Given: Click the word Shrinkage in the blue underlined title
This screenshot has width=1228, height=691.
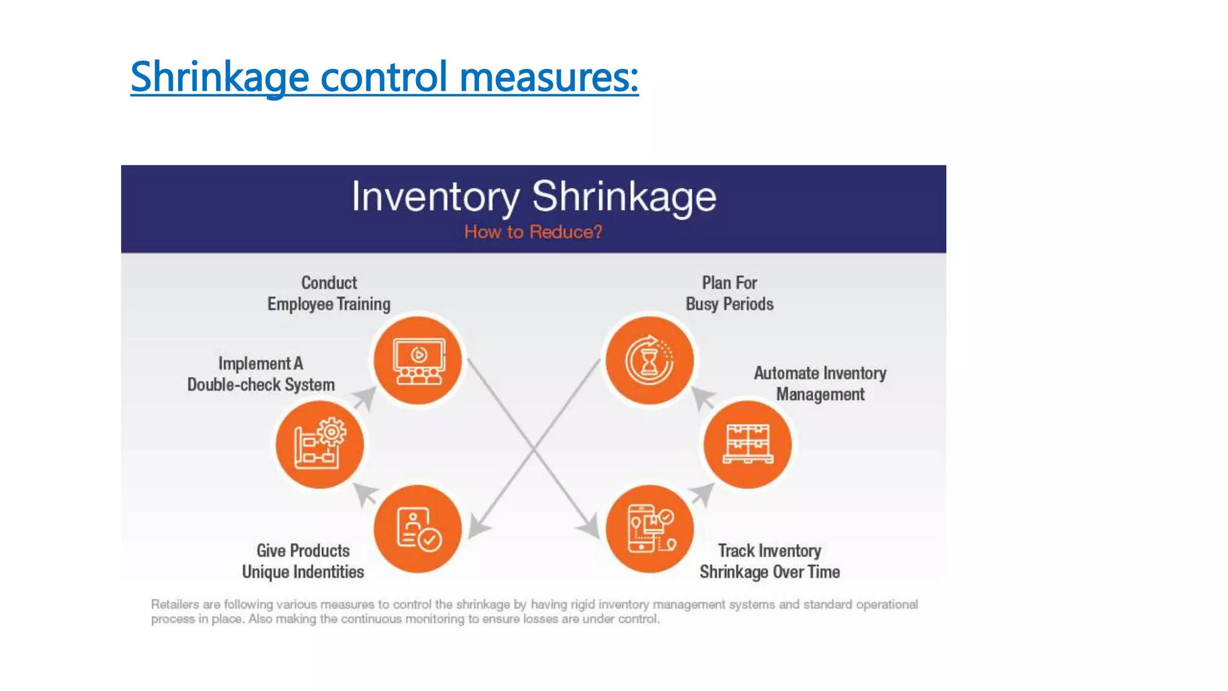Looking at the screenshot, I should point(219,77).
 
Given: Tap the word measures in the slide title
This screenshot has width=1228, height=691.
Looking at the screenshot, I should point(549,77).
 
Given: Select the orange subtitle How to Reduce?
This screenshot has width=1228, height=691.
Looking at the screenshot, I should point(533,232).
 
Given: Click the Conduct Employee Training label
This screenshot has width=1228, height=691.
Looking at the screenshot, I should point(329,293).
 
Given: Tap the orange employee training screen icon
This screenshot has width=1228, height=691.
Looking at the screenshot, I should point(418,360).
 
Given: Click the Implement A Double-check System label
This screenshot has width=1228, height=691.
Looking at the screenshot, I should point(261,374).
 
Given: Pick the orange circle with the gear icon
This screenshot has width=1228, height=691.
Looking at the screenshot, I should point(320,444).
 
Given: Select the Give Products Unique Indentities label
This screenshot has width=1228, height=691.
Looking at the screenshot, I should point(303,561).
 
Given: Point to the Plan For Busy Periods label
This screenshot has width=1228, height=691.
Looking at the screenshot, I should point(729,293).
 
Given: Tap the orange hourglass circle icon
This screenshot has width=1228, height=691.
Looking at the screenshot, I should point(649,360).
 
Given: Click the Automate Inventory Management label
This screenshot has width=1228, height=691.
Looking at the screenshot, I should point(820,384).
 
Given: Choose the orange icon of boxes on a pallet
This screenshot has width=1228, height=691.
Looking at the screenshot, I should point(748,444).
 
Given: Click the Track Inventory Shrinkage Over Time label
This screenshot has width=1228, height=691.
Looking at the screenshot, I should point(769,561).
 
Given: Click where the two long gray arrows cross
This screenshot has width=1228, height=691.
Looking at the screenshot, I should point(534,447).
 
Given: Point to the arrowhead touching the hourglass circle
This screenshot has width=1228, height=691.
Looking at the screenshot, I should point(702,398).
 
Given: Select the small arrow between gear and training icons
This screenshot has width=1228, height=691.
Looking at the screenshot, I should point(365,398).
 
